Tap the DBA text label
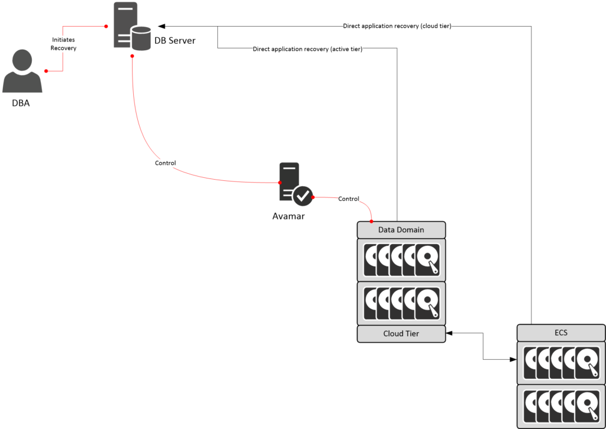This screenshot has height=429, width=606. pos(21,103)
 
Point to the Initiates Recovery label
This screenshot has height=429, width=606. pos(63,44)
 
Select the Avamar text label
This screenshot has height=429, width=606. pos(288,216)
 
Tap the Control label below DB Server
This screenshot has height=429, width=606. pos(165,163)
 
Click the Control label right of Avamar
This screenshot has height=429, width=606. pos(349,199)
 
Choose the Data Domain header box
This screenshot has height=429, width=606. pos(401,229)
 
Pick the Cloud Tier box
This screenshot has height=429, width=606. pos(401,333)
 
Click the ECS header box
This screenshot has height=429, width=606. pos(560,333)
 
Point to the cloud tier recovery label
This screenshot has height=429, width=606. pos(397,26)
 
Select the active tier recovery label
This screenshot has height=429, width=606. pos(307,49)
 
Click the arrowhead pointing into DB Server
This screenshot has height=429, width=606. pos(162,26)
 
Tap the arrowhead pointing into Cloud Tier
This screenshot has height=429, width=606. pos(449,333)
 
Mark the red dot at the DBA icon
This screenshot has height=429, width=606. pos(46,71)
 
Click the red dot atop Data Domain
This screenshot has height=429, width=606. pos(371,221)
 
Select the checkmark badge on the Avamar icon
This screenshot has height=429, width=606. pos(303,196)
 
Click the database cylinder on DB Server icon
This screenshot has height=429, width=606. pos(141,38)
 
